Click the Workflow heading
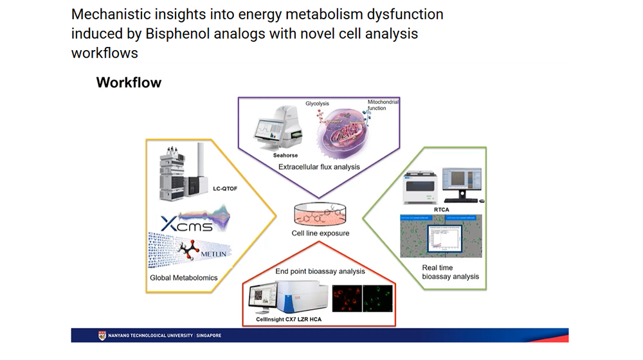(x=129, y=82)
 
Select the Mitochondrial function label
(x=382, y=105)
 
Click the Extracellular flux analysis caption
(x=319, y=167)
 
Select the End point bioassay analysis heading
(x=320, y=271)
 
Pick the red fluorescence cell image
(x=346, y=298)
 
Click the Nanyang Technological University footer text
(x=165, y=336)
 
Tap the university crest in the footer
(x=102, y=336)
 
